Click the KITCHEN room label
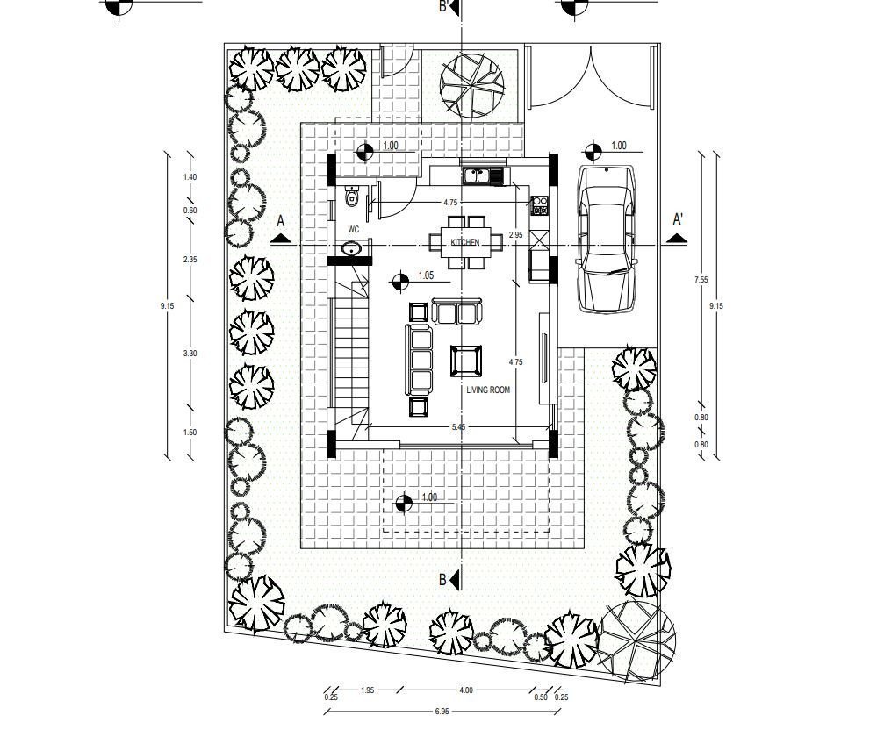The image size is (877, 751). [465, 241]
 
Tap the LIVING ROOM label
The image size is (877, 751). [488, 390]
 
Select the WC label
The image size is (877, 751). [354, 229]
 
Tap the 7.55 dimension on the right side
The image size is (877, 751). [701, 279]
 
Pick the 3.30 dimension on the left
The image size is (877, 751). [190, 353]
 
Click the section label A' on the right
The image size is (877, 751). [679, 218]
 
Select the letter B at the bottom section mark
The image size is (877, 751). [443, 580]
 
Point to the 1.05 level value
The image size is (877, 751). [427, 275]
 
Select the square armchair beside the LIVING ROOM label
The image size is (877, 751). [465, 361]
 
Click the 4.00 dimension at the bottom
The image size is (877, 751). [465, 690]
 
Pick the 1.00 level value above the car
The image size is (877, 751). [619, 147]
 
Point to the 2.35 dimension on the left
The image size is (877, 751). [190, 260]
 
